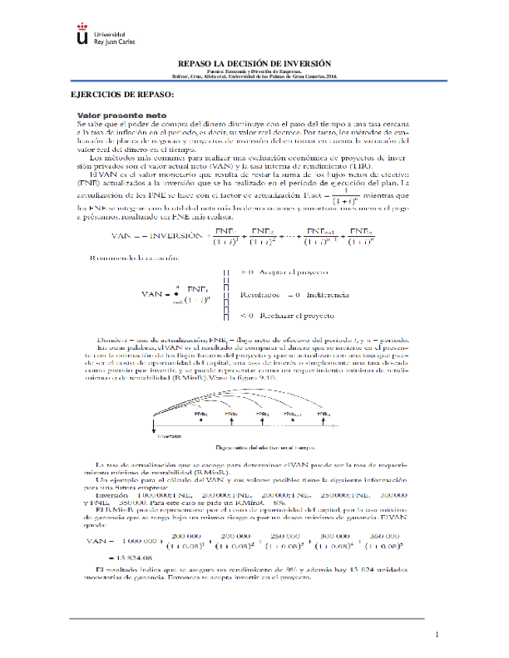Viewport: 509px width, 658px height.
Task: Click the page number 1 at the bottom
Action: [x=438, y=635]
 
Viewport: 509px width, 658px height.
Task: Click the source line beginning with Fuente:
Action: [x=254, y=71]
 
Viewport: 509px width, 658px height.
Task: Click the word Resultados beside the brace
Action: [x=259, y=295]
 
